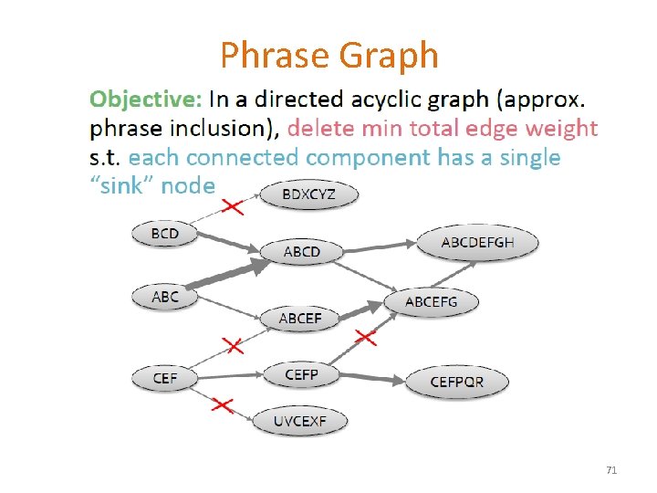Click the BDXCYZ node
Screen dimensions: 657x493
tap(309, 194)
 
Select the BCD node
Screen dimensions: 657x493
tap(165, 234)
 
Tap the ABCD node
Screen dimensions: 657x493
tap(302, 251)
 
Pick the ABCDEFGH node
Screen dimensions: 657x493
tap(477, 242)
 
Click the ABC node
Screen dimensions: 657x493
tap(165, 297)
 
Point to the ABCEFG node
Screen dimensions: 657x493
tap(432, 301)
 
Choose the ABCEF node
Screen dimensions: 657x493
tap(300, 319)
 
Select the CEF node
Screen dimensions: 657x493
tap(165, 377)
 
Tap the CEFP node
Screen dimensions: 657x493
tap(301, 374)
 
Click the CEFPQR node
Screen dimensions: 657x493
tap(457, 382)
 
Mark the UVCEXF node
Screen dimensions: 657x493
tap(299, 421)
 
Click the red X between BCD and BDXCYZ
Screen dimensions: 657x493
tap(234, 206)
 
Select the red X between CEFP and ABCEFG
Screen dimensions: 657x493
tap(365, 338)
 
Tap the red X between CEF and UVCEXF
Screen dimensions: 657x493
tap(223, 404)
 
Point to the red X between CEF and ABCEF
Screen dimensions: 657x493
tap(234, 345)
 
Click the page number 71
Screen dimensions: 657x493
tap(611, 470)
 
